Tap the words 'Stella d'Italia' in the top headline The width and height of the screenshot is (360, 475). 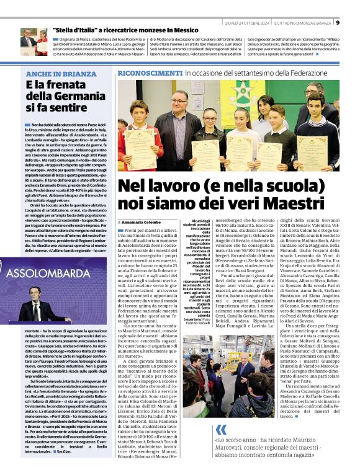[x=78, y=29]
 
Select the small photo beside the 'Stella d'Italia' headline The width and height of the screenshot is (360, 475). [x=34, y=42]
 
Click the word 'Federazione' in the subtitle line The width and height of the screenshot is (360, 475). [x=313, y=73]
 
